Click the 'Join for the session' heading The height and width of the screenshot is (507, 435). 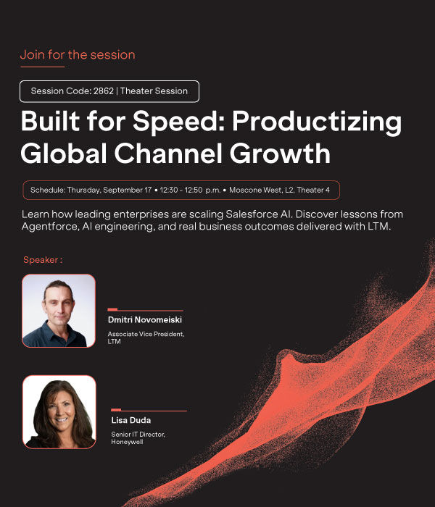[x=78, y=54]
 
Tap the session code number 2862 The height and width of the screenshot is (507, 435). [x=104, y=91]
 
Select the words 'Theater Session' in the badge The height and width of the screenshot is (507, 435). [x=154, y=91]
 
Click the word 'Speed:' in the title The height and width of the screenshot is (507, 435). [x=179, y=121]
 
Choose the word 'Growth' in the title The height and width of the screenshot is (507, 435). [x=280, y=153]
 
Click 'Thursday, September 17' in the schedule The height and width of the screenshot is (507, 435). [x=109, y=190]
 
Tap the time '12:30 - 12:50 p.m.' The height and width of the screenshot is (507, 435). [x=190, y=190]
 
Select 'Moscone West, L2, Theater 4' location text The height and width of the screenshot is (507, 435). [x=279, y=190]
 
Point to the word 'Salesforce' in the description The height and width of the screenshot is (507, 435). [x=252, y=214]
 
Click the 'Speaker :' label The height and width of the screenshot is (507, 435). [x=43, y=259]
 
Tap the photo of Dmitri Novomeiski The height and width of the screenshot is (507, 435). [x=59, y=311]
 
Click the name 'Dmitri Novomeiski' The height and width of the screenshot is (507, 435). [x=145, y=320]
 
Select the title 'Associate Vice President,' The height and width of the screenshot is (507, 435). [x=146, y=334]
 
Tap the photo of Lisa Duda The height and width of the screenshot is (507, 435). [x=59, y=412]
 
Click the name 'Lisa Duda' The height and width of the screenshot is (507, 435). [x=131, y=420]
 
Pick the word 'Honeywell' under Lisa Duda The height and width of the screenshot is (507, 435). [x=127, y=442]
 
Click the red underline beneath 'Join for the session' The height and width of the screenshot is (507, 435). [x=42, y=67]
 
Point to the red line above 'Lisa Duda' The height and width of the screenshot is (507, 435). [x=149, y=411]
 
